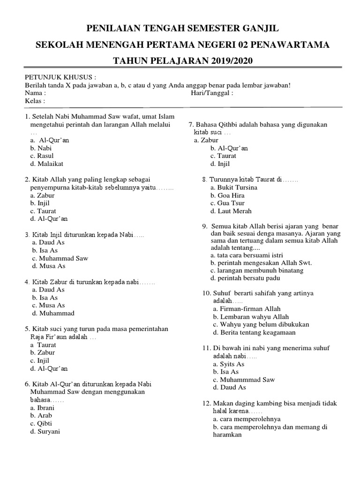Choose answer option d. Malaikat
pyautogui.click(x=46, y=164)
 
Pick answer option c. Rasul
pyautogui.click(x=42, y=156)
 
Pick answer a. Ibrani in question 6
pyautogui.click(x=42, y=408)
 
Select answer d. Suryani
pyautogui.click(x=45, y=432)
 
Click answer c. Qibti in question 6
pyautogui.click(x=41, y=424)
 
